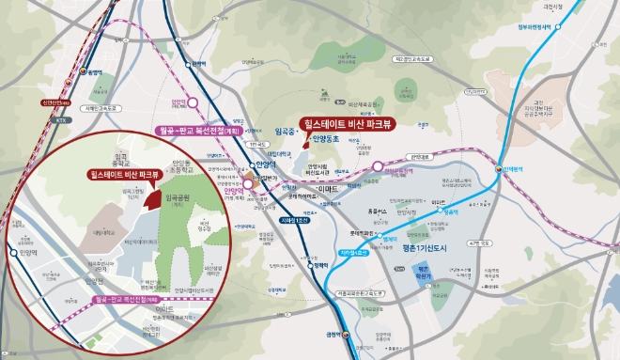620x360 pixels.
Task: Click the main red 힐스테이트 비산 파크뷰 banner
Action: click(x=349, y=123)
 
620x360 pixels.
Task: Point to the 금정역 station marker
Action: click(x=345, y=333)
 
